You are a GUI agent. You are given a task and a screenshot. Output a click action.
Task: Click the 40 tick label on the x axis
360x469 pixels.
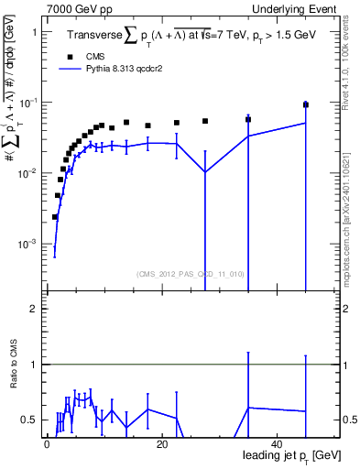[x=277, y=444]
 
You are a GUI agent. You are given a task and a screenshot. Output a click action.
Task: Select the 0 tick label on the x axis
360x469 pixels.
[x=47, y=444]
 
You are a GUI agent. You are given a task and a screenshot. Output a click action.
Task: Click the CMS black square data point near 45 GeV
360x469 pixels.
[x=306, y=105]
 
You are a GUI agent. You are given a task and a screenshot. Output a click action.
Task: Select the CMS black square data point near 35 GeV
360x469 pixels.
[x=248, y=119]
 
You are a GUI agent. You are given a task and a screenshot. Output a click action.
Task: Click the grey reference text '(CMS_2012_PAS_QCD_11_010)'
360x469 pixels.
[x=177, y=273]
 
